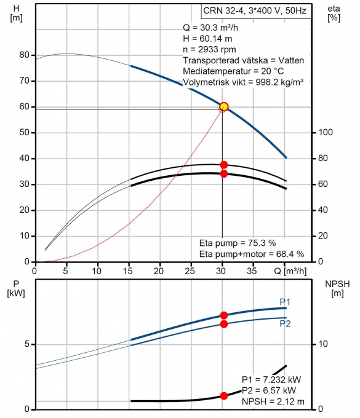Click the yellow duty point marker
224,106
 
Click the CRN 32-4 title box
256,11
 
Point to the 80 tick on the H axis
24,55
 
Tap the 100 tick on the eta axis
326,132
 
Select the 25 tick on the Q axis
190,271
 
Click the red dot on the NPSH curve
224,396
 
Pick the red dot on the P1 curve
224,315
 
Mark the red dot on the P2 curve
224,324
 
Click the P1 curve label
285,302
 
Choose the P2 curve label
285,323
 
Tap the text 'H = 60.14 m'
207,39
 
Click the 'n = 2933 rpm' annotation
209,50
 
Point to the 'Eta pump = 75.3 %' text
238,243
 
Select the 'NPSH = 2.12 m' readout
273,401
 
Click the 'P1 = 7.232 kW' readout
271,379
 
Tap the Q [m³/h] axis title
290,271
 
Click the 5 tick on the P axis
27,344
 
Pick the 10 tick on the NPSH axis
323,344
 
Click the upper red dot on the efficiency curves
224,165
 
